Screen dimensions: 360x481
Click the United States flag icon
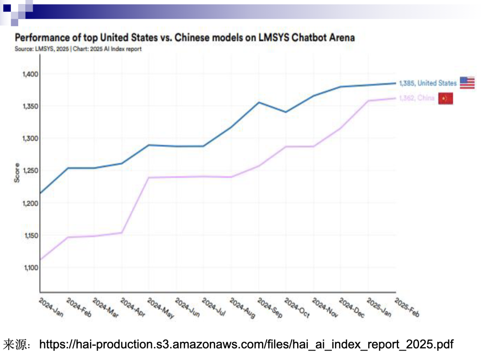coord(467,83)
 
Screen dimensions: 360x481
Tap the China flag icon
coord(445,98)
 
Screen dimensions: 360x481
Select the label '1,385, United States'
coord(428,83)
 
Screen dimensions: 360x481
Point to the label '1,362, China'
coord(416,98)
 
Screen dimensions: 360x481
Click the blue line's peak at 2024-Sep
coord(259,102)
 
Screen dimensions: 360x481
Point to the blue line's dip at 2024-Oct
coord(286,112)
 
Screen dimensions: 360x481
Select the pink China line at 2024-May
coord(149,178)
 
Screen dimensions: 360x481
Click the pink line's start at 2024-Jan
coord(41,259)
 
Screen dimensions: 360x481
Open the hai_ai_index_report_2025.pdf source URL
coord(246,344)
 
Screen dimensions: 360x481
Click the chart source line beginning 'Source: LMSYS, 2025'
coord(78,49)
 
